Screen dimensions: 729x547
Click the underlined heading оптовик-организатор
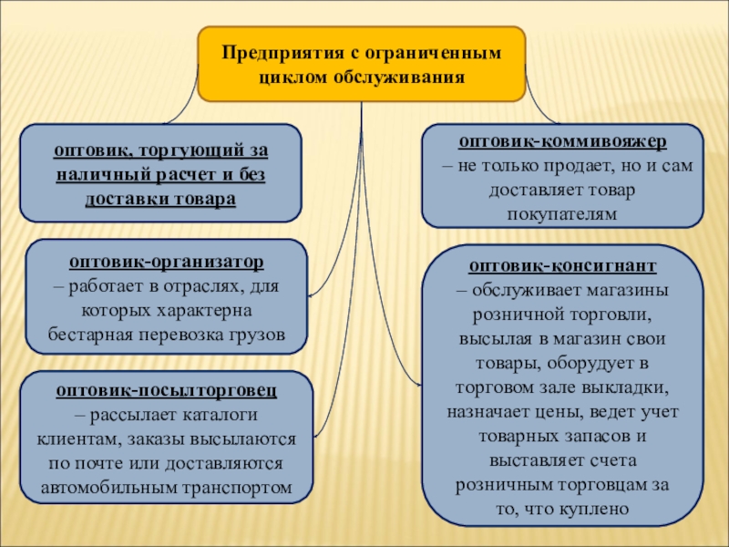pyautogui.click(x=166, y=262)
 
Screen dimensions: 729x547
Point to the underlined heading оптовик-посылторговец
pyautogui.click(x=166, y=391)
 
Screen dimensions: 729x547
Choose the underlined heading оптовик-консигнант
pyautogui.click(x=562, y=266)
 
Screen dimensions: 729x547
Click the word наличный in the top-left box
pyautogui.click(x=97, y=174)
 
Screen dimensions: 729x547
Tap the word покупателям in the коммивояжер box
pyautogui.click(x=562, y=213)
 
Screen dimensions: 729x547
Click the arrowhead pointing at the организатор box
pyautogui.click(x=312, y=294)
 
